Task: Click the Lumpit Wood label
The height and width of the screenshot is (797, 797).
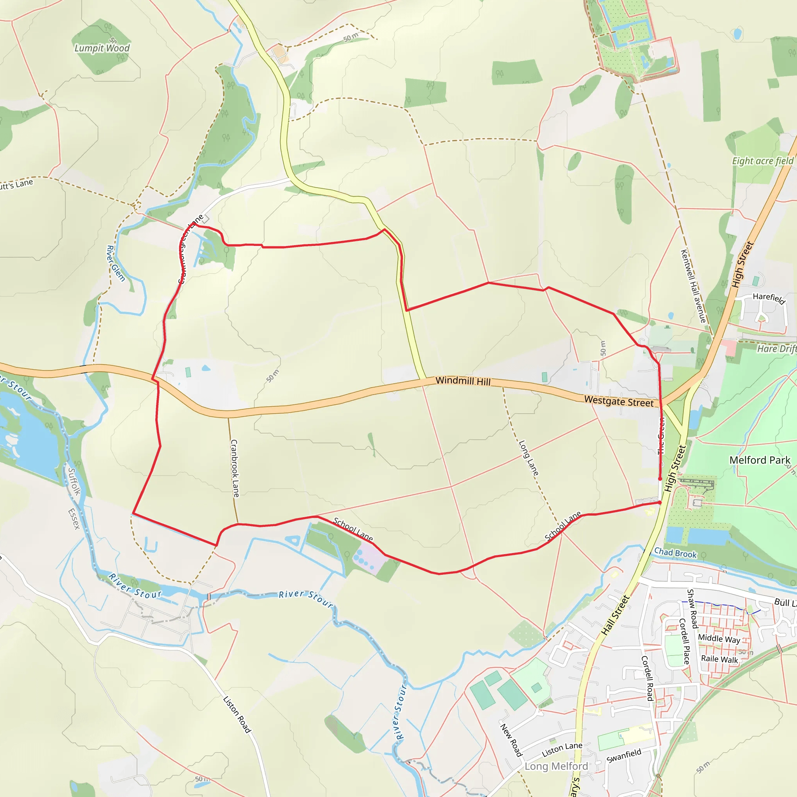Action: coord(102,48)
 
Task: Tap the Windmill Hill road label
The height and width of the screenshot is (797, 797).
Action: coord(463,381)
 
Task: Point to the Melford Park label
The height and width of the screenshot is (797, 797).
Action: coord(760,460)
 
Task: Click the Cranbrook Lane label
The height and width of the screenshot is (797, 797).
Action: coord(234,468)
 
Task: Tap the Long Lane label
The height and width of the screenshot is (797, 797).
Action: coord(528,458)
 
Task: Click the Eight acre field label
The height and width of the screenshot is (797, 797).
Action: coord(762,161)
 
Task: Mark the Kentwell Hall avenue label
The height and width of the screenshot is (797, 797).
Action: coord(693,286)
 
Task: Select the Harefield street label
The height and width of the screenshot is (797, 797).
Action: coord(769,298)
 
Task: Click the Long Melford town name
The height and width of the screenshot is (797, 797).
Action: coord(556,766)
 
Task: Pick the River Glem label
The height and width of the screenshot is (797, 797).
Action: coord(116,263)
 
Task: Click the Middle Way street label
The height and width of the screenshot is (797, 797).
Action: coord(719,639)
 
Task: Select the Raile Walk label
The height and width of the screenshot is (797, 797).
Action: coord(720,659)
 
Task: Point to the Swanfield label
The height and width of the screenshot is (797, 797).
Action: coord(624,756)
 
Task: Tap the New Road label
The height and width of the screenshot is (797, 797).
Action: coord(511,740)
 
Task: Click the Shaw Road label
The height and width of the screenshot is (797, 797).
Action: coord(692,609)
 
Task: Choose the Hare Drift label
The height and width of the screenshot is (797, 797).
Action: coord(776,349)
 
